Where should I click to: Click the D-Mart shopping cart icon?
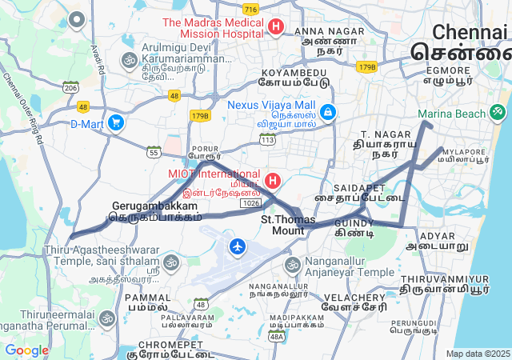pos(116,122)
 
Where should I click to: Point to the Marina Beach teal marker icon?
pos(498,111)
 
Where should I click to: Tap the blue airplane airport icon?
pos(238,246)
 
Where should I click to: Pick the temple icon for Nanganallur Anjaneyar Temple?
pos(293,264)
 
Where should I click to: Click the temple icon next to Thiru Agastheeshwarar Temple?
pos(170,262)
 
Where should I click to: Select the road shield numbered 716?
pos(250,9)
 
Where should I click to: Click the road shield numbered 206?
pos(71,86)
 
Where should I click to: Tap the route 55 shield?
pos(154,150)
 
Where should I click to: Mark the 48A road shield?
pos(277,337)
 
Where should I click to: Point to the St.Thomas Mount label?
pos(288,225)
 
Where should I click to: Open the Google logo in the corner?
pos(26,350)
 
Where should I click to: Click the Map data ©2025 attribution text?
pos(477,354)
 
